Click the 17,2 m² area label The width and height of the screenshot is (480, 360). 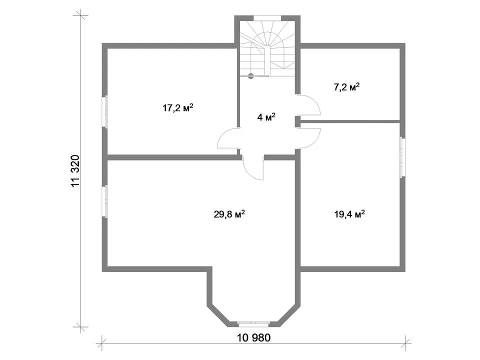pos(178,108)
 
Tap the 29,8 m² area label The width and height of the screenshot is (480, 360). pos(229,214)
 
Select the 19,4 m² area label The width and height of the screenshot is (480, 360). pos(349,214)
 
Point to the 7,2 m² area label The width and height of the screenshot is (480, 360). pos(346,87)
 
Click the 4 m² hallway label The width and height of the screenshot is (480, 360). pos(266,117)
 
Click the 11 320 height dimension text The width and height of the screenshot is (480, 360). pos(75,171)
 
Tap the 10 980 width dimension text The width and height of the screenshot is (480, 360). pos(254,337)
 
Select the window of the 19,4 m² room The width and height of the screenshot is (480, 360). pos(402,157)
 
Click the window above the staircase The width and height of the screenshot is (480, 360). pos(267,18)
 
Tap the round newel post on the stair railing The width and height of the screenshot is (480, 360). pos(251,75)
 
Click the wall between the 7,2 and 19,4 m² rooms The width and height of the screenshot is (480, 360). pos(350,121)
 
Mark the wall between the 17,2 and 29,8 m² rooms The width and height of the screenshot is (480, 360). pos(173,157)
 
